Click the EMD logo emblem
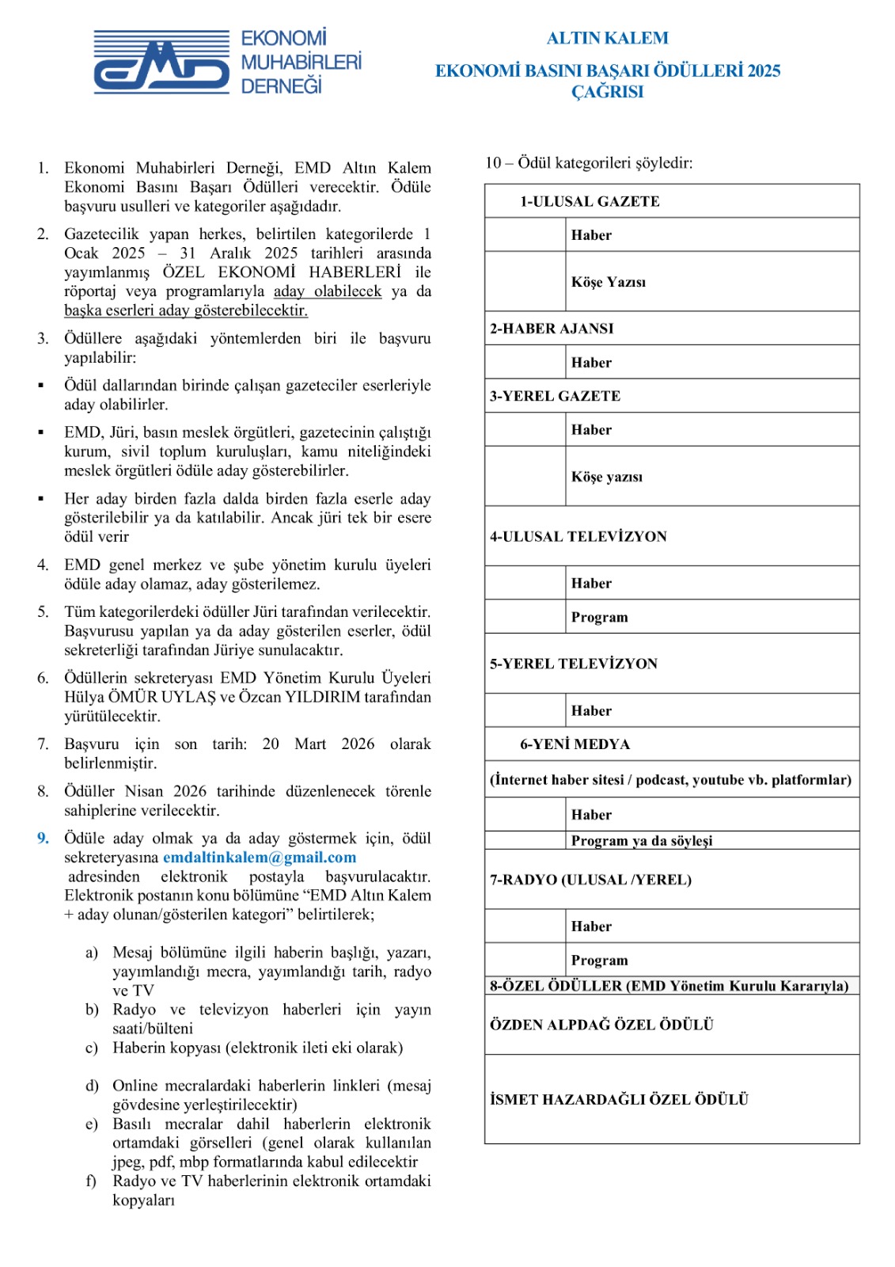pyautogui.click(x=161, y=62)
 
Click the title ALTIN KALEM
pyautogui.click(x=607, y=38)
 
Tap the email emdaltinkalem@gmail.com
pyautogui.click(x=260, y=858)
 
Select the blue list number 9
pyautogui.click(x=43, y=839)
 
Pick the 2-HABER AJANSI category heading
pyautogui.click(x=552, y=329)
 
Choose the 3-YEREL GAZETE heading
pyautogui.click(x=555, y=396)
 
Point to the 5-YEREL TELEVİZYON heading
pyautogui.click(x=574, y=664)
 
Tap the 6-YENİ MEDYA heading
pyautogui.click(x=575, y=744)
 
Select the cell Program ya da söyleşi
pyautogui.click(x=642, y=840)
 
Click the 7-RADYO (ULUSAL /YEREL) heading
pyautogui.click(x=590, y=880)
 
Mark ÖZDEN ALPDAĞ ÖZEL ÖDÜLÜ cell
pyautogui.click(x=601, y=1025)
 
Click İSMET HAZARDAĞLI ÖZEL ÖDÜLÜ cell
pyautogui.click(x=619, y=1099)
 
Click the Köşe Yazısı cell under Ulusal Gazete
pyautogui.click(x=609, y=282)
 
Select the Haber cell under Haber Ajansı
pyautogui.click(x=592, y=363)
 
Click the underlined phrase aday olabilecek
pyautogui.click(x=328, y=291)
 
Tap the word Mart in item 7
pyautogui.click(x=310, y=744)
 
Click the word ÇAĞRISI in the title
pyautogui.click(x=607, y=92)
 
